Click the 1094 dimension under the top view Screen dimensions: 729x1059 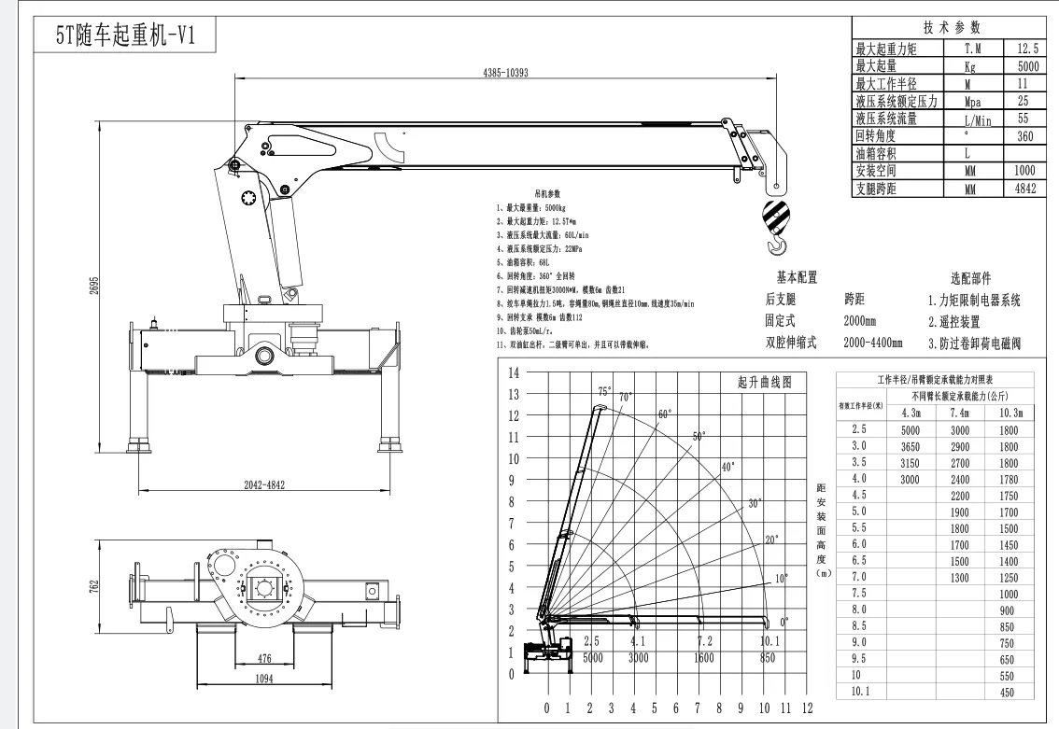(x=263, y=679)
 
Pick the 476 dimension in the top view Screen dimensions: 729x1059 (x=264, y=658)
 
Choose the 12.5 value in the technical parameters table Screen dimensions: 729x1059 (x=1024, y=48)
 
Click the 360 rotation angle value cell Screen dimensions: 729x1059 (x=1024, y=136)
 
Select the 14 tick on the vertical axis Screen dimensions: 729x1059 (x=514, y=373)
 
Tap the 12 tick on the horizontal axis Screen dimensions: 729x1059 (x=807, y=708)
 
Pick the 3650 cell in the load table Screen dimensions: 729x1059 (x=911, y=447)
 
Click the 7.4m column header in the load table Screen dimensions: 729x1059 (x=959, y=413)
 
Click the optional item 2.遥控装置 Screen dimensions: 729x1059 (x=953, y=321)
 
